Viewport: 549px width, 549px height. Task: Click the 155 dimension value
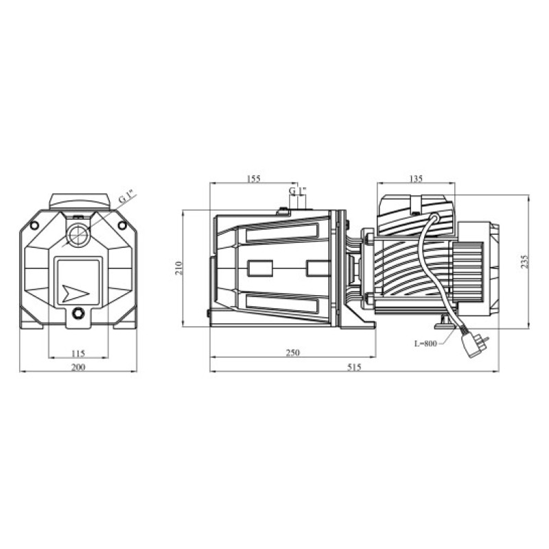point(253,178)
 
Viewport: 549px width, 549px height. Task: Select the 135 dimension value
point(416,178)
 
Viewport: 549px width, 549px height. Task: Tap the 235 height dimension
point(524,261)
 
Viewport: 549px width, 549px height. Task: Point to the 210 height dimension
point(179,268)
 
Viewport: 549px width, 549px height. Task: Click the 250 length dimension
point(293,352)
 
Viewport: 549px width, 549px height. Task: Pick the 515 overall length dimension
point(354,366)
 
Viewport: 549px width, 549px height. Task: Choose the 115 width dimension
point(78,353)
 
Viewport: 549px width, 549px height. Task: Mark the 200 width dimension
point(78,367)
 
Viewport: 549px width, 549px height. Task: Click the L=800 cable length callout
point(425,344)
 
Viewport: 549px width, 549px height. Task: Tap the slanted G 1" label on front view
point(127,196)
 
